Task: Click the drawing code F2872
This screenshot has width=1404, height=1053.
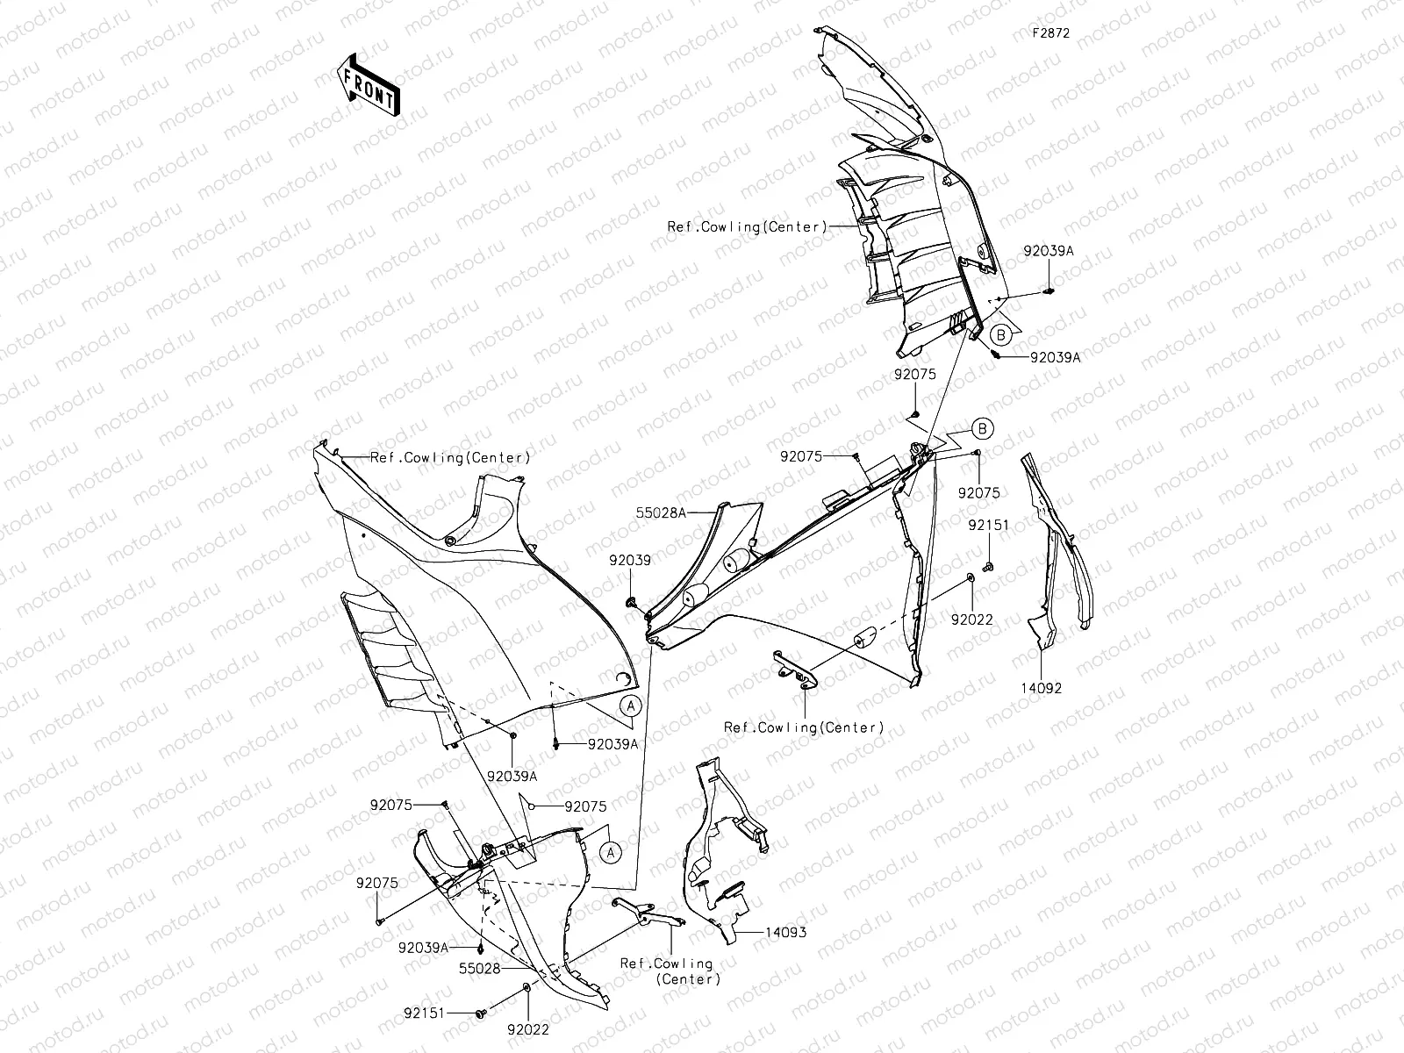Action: coord(1050,32)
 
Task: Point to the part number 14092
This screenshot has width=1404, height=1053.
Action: coord(1040,688)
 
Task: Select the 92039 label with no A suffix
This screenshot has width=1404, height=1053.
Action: coord(629,560)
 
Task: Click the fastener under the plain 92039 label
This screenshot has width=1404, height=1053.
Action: coord(631,602)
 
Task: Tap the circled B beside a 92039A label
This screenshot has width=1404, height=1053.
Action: coord(999,333)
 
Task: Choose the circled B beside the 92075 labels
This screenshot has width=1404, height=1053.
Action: coord(984,429)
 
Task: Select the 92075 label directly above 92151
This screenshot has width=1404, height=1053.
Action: coord(978,494)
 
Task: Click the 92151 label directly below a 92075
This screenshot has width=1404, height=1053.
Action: coord(989,526)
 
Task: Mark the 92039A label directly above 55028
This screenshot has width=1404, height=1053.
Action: coord(423,948)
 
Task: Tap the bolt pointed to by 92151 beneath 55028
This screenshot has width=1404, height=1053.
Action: coord(481,1014)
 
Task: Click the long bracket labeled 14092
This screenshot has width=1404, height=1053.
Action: coord(1057,553)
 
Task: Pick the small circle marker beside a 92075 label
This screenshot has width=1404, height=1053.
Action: coord(532,805)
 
